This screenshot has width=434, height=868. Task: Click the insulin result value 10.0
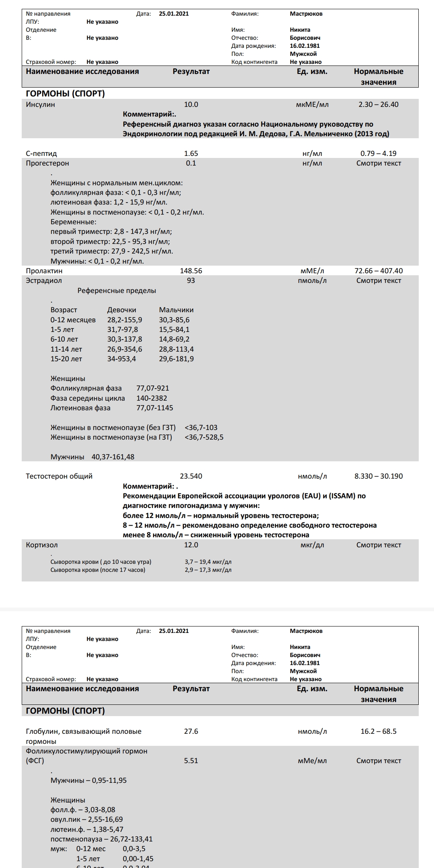(191, 104)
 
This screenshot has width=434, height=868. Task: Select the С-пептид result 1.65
(191, 154)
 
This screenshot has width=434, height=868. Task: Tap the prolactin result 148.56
(191, 271)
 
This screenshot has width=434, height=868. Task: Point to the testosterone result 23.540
(191, 476)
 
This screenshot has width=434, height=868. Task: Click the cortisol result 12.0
(191, 545)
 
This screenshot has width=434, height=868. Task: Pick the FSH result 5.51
(191, 761)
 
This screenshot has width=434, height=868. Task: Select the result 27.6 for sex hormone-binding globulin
(191, 731)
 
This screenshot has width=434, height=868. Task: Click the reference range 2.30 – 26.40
(379, 104)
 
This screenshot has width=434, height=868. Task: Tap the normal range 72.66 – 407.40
(379, 271)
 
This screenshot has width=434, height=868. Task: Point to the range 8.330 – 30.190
(379, 476)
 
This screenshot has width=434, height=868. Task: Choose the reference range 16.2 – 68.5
(379, 731)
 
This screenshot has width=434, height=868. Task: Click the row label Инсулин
(41, 104)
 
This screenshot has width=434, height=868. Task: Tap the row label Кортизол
(42, 545)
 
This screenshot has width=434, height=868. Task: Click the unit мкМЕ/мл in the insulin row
(312, 104)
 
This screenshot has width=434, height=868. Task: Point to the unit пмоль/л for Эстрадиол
(312, 280)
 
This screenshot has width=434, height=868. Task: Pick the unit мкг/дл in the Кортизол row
(312, 545)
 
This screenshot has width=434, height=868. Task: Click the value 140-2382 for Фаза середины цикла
(152, 398)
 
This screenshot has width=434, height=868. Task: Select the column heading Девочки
(122, 310)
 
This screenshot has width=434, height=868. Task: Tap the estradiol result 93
(191, 280)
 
